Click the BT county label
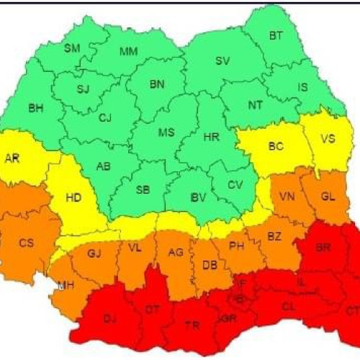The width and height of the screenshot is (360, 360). tap(276, 35)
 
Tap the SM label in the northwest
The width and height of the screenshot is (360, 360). tap(72, 49)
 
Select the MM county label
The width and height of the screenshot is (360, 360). tap(129, 51)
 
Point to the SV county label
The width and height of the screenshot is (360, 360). tap(222, 61)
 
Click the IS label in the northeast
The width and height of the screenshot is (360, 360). tap(302, 87)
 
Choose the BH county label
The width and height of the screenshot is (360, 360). tap(35, 109)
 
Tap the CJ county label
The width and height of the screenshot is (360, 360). tap(106, 117)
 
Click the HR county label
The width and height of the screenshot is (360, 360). tap(212, 137)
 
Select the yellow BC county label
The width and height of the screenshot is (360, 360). tap(276, 146)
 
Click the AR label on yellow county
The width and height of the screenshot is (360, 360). tap(12, 158)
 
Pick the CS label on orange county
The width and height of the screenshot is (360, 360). tap(27, 243)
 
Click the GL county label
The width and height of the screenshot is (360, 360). tap(328, 196)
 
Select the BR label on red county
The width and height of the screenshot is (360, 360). tap(323, 246)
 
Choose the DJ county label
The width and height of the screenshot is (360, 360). tap(110, 318)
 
